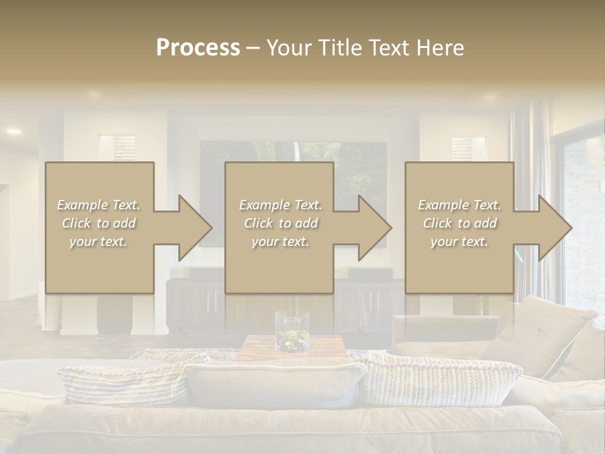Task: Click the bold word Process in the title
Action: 198,48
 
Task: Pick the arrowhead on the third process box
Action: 554,228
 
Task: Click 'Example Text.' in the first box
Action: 99,205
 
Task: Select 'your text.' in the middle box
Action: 280,242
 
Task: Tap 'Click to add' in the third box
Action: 459,223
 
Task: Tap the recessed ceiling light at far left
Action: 13,132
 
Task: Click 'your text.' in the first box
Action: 98,242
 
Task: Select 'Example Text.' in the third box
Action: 459,205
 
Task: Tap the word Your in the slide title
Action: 287,48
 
